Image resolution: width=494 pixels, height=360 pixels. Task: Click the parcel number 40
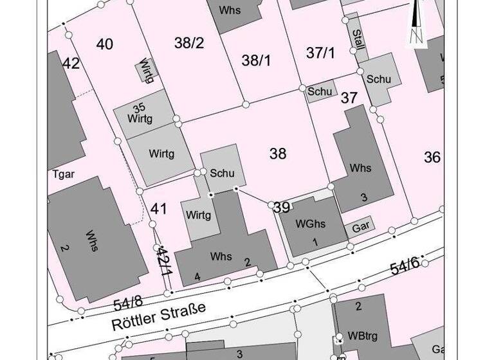pos(104,44)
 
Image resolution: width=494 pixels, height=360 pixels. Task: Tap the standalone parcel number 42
pos(71,63)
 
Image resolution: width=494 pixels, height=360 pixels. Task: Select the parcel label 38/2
pos(188,43)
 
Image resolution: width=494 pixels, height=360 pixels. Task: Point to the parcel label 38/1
pos(256,60)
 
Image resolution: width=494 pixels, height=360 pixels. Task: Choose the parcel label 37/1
pos(320,53)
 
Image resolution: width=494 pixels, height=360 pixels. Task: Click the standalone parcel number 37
pos(349,98)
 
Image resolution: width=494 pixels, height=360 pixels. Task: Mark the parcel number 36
pos(432,157)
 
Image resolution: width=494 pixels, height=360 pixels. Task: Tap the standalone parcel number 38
pos(278,154)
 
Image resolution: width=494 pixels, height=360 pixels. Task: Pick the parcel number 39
pos(281,207)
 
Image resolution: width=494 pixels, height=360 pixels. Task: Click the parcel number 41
pos(159,208)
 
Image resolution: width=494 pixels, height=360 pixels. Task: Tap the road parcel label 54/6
pos(405,265)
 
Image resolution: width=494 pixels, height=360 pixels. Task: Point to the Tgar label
pos(63,174)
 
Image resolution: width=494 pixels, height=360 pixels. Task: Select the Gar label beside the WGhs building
pos(361,227)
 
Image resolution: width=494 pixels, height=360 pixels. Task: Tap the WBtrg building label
pos(362,336)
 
